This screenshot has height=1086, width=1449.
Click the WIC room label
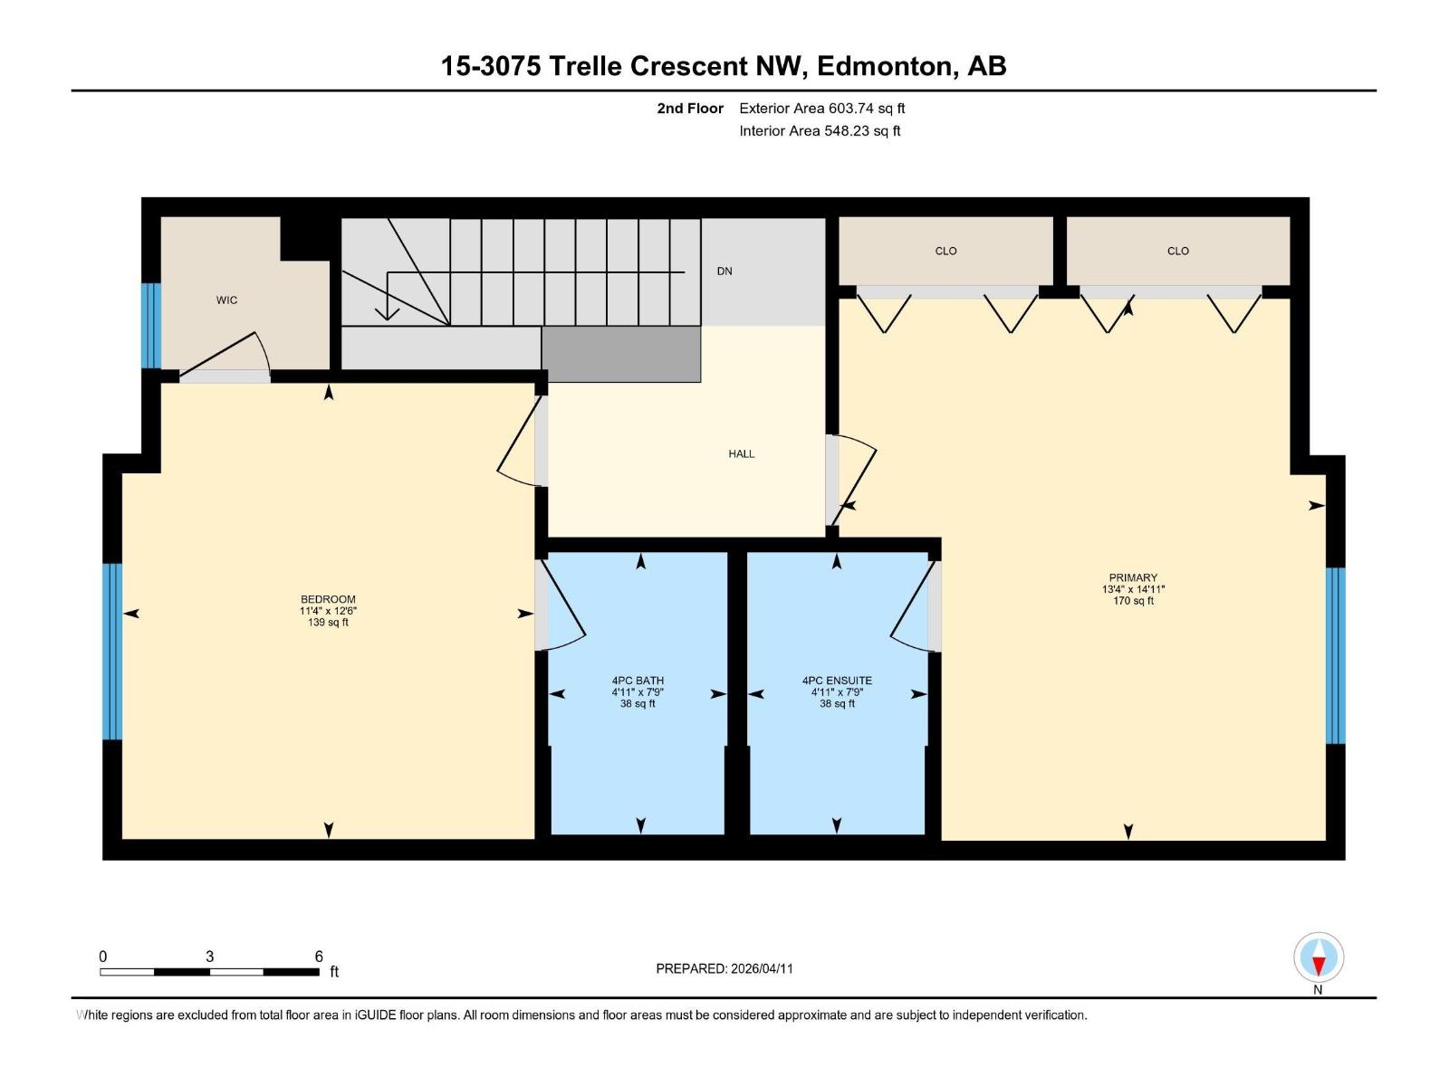point(226,300)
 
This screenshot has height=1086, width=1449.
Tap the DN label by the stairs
point(724,271)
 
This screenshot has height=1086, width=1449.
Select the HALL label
point(741,454)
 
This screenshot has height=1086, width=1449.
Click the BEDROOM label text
point(328,599)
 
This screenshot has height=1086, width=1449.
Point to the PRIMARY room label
point(1133,577)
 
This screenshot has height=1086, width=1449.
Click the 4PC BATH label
point(638,681)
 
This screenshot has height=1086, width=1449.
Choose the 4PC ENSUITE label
point(837,681)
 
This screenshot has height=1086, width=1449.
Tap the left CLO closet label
point(945,252)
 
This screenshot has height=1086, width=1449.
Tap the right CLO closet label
point(1177,252)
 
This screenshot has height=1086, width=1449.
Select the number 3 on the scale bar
point(210,957)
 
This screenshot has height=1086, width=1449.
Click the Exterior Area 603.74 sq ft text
point(821,109)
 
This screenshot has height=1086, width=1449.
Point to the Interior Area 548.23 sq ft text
point(820,131)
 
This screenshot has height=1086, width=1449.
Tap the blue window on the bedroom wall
point(111,652)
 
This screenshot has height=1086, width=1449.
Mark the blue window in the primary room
point(1335,655)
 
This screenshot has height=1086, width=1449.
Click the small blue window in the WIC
point(151,326)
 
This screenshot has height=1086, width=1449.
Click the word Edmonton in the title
point(886,66)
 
